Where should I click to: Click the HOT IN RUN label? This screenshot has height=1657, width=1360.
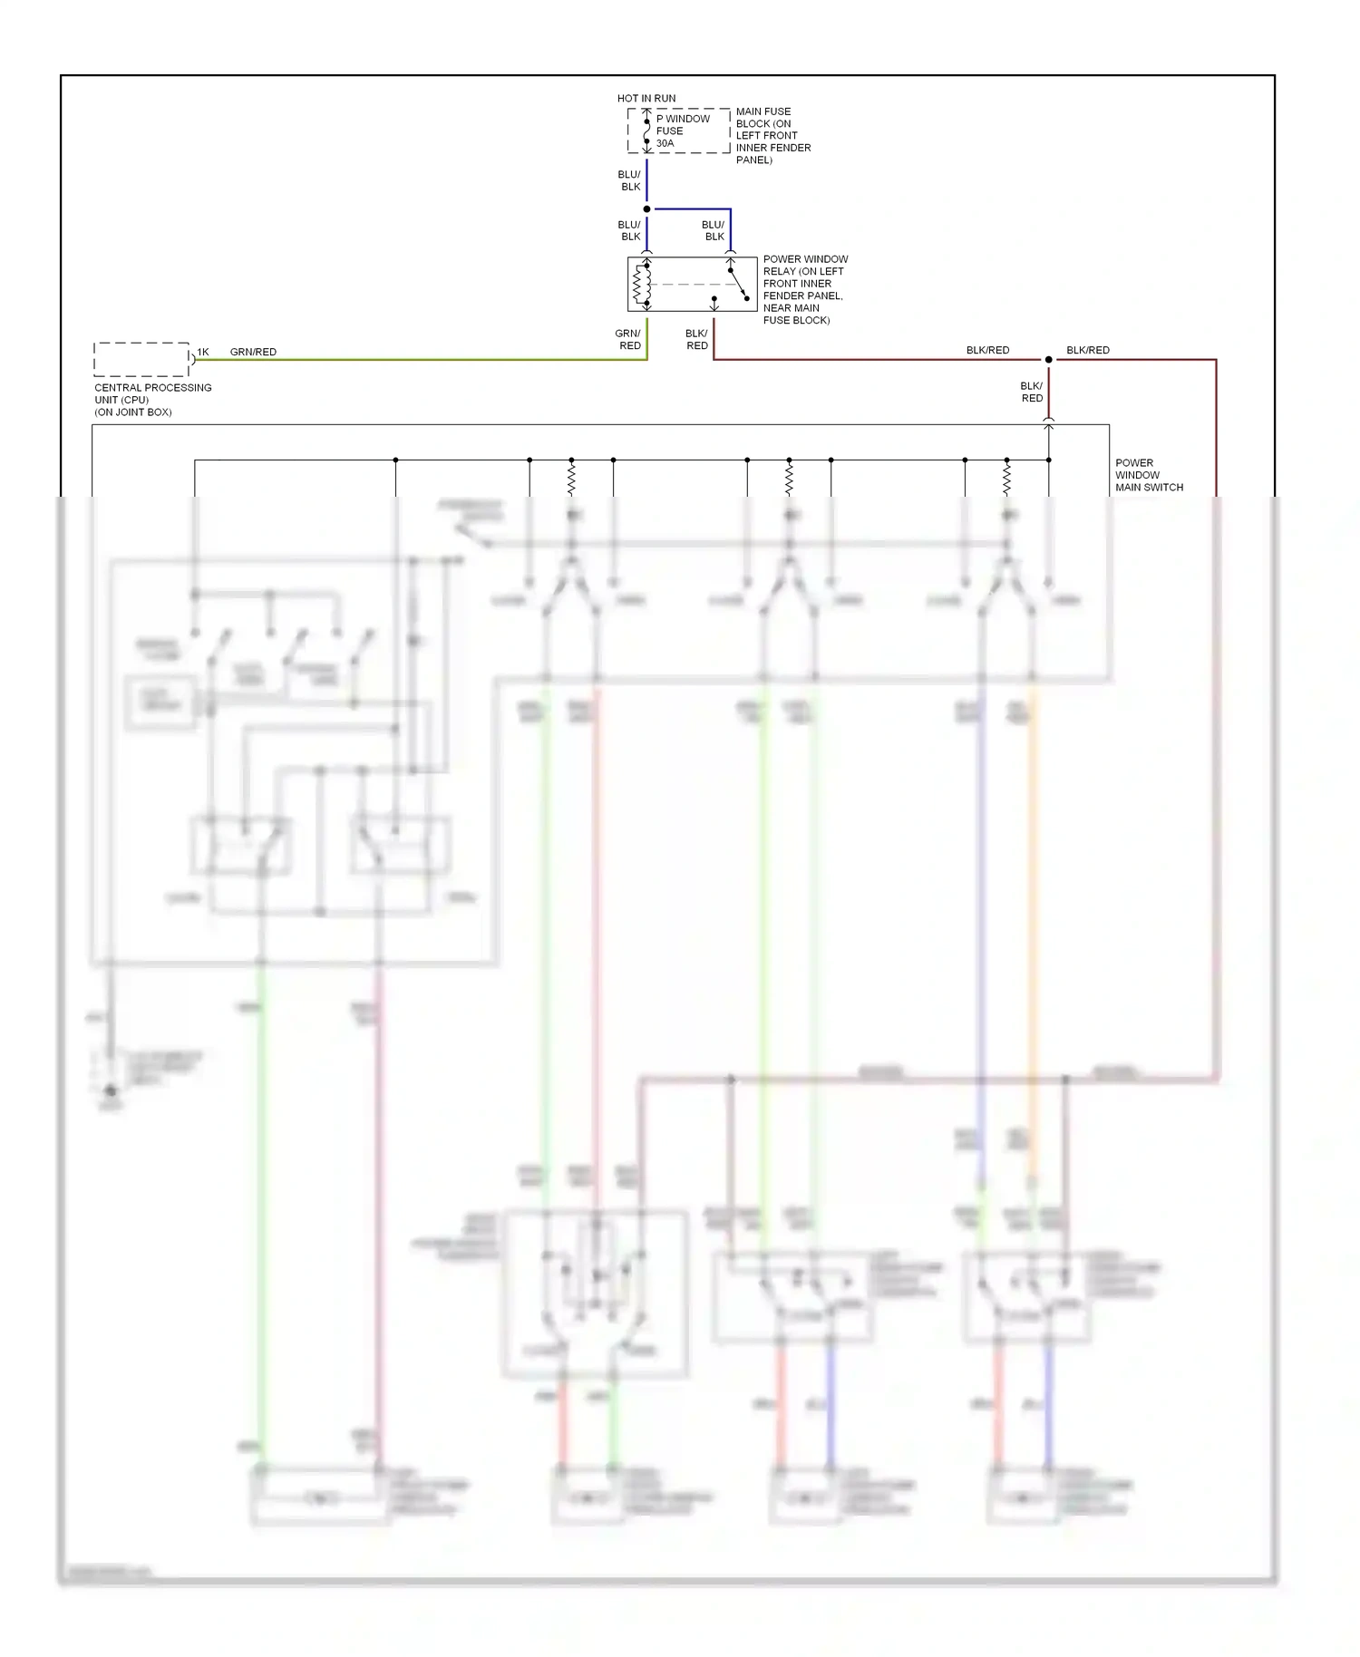646,98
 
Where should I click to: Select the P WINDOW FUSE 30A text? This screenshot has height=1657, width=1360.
682,131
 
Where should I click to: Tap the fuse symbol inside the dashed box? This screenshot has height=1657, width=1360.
646,131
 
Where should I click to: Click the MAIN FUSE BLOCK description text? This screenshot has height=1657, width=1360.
772,135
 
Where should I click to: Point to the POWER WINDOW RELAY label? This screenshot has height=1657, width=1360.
804,289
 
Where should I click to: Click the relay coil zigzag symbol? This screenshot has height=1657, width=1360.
638,285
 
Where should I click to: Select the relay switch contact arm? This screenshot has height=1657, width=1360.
738,284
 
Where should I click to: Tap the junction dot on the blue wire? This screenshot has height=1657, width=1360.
646,209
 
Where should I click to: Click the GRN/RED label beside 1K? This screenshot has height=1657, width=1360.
253,352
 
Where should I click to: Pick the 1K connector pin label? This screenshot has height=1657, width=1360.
203,352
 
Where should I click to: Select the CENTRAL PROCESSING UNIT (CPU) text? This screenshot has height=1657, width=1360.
152,400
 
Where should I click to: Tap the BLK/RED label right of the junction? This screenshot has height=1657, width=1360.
1087,350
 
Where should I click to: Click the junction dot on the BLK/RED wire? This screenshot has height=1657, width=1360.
1048,360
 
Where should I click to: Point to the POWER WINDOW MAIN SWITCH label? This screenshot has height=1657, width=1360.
1148,475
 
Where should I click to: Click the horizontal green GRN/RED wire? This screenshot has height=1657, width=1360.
417,360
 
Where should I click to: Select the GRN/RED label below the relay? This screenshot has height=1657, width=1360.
628,339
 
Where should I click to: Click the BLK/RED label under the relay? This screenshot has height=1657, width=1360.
696,339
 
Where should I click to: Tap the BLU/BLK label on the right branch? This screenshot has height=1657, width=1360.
714,230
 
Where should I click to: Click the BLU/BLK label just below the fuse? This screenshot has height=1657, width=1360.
629,180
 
